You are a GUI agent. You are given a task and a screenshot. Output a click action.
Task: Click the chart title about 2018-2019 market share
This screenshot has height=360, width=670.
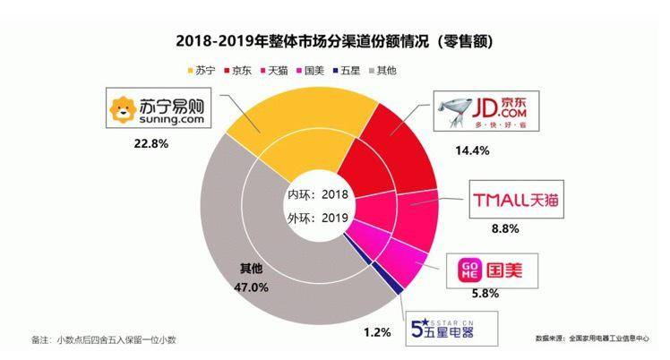coord(335,41)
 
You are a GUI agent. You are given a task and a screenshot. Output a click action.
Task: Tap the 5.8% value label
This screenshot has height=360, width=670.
coord(480,292)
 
